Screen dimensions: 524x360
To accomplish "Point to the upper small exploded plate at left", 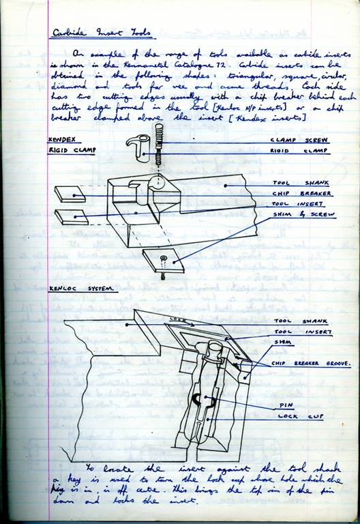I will click(70, 194).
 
